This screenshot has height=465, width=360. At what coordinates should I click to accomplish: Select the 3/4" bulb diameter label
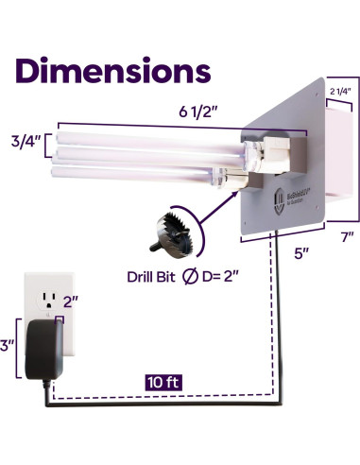[26, 142]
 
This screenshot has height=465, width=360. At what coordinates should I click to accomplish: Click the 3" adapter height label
[10, 347]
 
